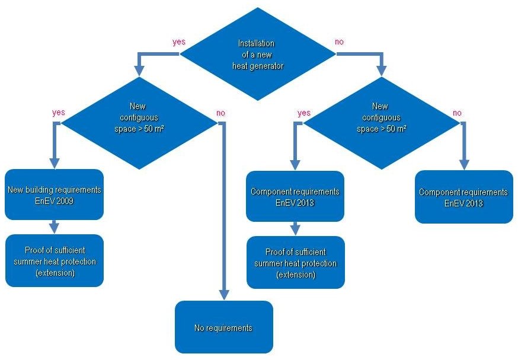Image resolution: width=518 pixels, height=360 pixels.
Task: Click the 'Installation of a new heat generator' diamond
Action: [257, 54]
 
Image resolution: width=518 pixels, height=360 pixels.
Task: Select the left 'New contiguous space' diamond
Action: [139, 122]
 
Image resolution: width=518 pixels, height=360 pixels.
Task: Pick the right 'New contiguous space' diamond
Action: [380, 122]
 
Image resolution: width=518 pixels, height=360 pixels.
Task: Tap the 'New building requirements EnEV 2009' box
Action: [55, 195]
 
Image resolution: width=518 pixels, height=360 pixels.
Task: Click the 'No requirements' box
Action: [223, 327]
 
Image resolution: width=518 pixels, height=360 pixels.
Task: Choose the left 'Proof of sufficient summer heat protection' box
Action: [55, 261]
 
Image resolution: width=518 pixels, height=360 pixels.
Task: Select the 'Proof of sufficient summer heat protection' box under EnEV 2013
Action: [295, 263]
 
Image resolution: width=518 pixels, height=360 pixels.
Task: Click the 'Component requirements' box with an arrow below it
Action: [295, 196]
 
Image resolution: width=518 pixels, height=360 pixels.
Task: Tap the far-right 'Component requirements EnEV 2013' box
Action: [463, 197]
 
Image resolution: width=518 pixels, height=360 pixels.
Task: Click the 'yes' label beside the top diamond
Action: [178, 42]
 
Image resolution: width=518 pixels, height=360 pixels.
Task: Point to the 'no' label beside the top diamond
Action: [339, 42]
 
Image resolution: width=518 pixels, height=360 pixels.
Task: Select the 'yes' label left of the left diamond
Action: [59, 112]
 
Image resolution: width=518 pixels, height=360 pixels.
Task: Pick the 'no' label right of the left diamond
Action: [221, 112]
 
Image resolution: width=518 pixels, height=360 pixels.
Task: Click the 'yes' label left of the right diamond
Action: [303, 112]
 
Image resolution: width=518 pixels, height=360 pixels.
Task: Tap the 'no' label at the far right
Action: [458, 112]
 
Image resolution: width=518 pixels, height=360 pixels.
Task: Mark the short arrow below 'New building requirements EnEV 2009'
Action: [55, 227]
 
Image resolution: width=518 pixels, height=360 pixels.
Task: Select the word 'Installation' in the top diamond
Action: [257, 43]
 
